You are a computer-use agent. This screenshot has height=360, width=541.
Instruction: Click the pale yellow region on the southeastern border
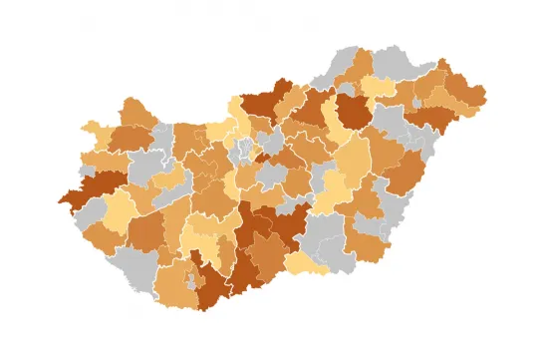[306, 264]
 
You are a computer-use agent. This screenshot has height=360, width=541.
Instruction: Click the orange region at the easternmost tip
[472, 96]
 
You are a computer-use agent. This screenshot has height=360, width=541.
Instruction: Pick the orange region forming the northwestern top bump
[136, 111]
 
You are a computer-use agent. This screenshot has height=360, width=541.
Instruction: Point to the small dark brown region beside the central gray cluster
[261, 158]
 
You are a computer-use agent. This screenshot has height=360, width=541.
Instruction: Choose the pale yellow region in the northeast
[379, 88]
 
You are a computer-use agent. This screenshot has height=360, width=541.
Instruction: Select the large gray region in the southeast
[325, 239]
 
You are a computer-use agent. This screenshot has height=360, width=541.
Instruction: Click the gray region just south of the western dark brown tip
[92, 212]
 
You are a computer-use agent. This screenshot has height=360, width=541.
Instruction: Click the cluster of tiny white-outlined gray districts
[242, 150]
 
